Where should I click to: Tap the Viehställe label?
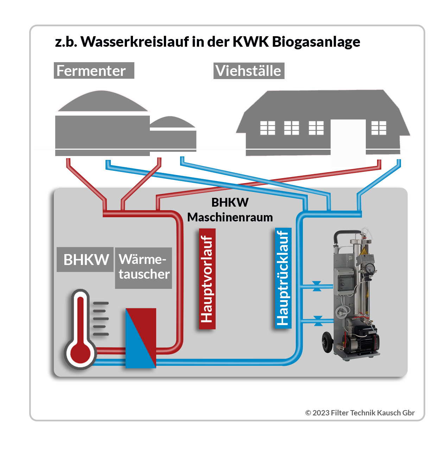249,71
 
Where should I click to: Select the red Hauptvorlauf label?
207,279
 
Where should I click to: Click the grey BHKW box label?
85,260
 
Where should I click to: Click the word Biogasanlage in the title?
316,42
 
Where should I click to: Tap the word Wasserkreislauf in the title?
135,42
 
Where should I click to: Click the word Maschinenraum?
230,217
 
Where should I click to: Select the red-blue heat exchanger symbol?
141,338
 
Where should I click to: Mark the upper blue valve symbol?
317,286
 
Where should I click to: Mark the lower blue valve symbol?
318,321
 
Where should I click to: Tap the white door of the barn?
348,141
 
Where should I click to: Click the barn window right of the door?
379,128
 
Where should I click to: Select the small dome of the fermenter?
172,122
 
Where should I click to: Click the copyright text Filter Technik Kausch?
359,413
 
